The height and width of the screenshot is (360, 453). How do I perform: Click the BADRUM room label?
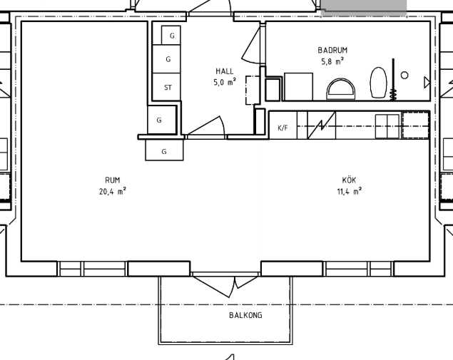click(x=332, y=50)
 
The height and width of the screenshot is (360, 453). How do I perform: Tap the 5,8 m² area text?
click(x=332, y=61)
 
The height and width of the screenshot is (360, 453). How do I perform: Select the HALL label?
click(x=225, y=71)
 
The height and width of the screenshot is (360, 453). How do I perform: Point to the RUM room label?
click(x=113, y=180)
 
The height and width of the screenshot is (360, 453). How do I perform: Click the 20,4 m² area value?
click(x=113, y=191)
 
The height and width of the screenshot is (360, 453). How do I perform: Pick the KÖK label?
click(x=349, y=180)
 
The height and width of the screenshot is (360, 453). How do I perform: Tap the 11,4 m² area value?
click(x=350, y=191)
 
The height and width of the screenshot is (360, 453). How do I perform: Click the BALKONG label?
click(x=245, y=315)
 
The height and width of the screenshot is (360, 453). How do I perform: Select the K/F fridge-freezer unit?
click(x=283, y=125)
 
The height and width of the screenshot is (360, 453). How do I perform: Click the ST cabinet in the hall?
click(x=166, y=87)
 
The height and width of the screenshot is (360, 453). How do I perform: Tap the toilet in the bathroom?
click(x=379, y=83)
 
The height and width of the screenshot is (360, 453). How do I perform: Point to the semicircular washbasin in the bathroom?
click(x=341, y=89)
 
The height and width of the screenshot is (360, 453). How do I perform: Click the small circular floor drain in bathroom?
click(x=404, y=76)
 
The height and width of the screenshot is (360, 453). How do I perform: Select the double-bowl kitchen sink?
click(x=387, y=126)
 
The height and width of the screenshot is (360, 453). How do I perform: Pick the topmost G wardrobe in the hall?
click(x=171, y=35)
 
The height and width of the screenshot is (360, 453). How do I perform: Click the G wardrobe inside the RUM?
click(x=164, y=150)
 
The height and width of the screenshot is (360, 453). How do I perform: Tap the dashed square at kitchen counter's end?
click(x=415, y=125)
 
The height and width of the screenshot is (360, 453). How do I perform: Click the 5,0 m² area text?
click(x=225, y=82)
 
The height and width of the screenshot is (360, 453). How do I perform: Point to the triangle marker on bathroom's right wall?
click(x=427, y=82)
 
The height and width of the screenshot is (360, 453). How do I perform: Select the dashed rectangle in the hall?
click(x=253, y=90)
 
